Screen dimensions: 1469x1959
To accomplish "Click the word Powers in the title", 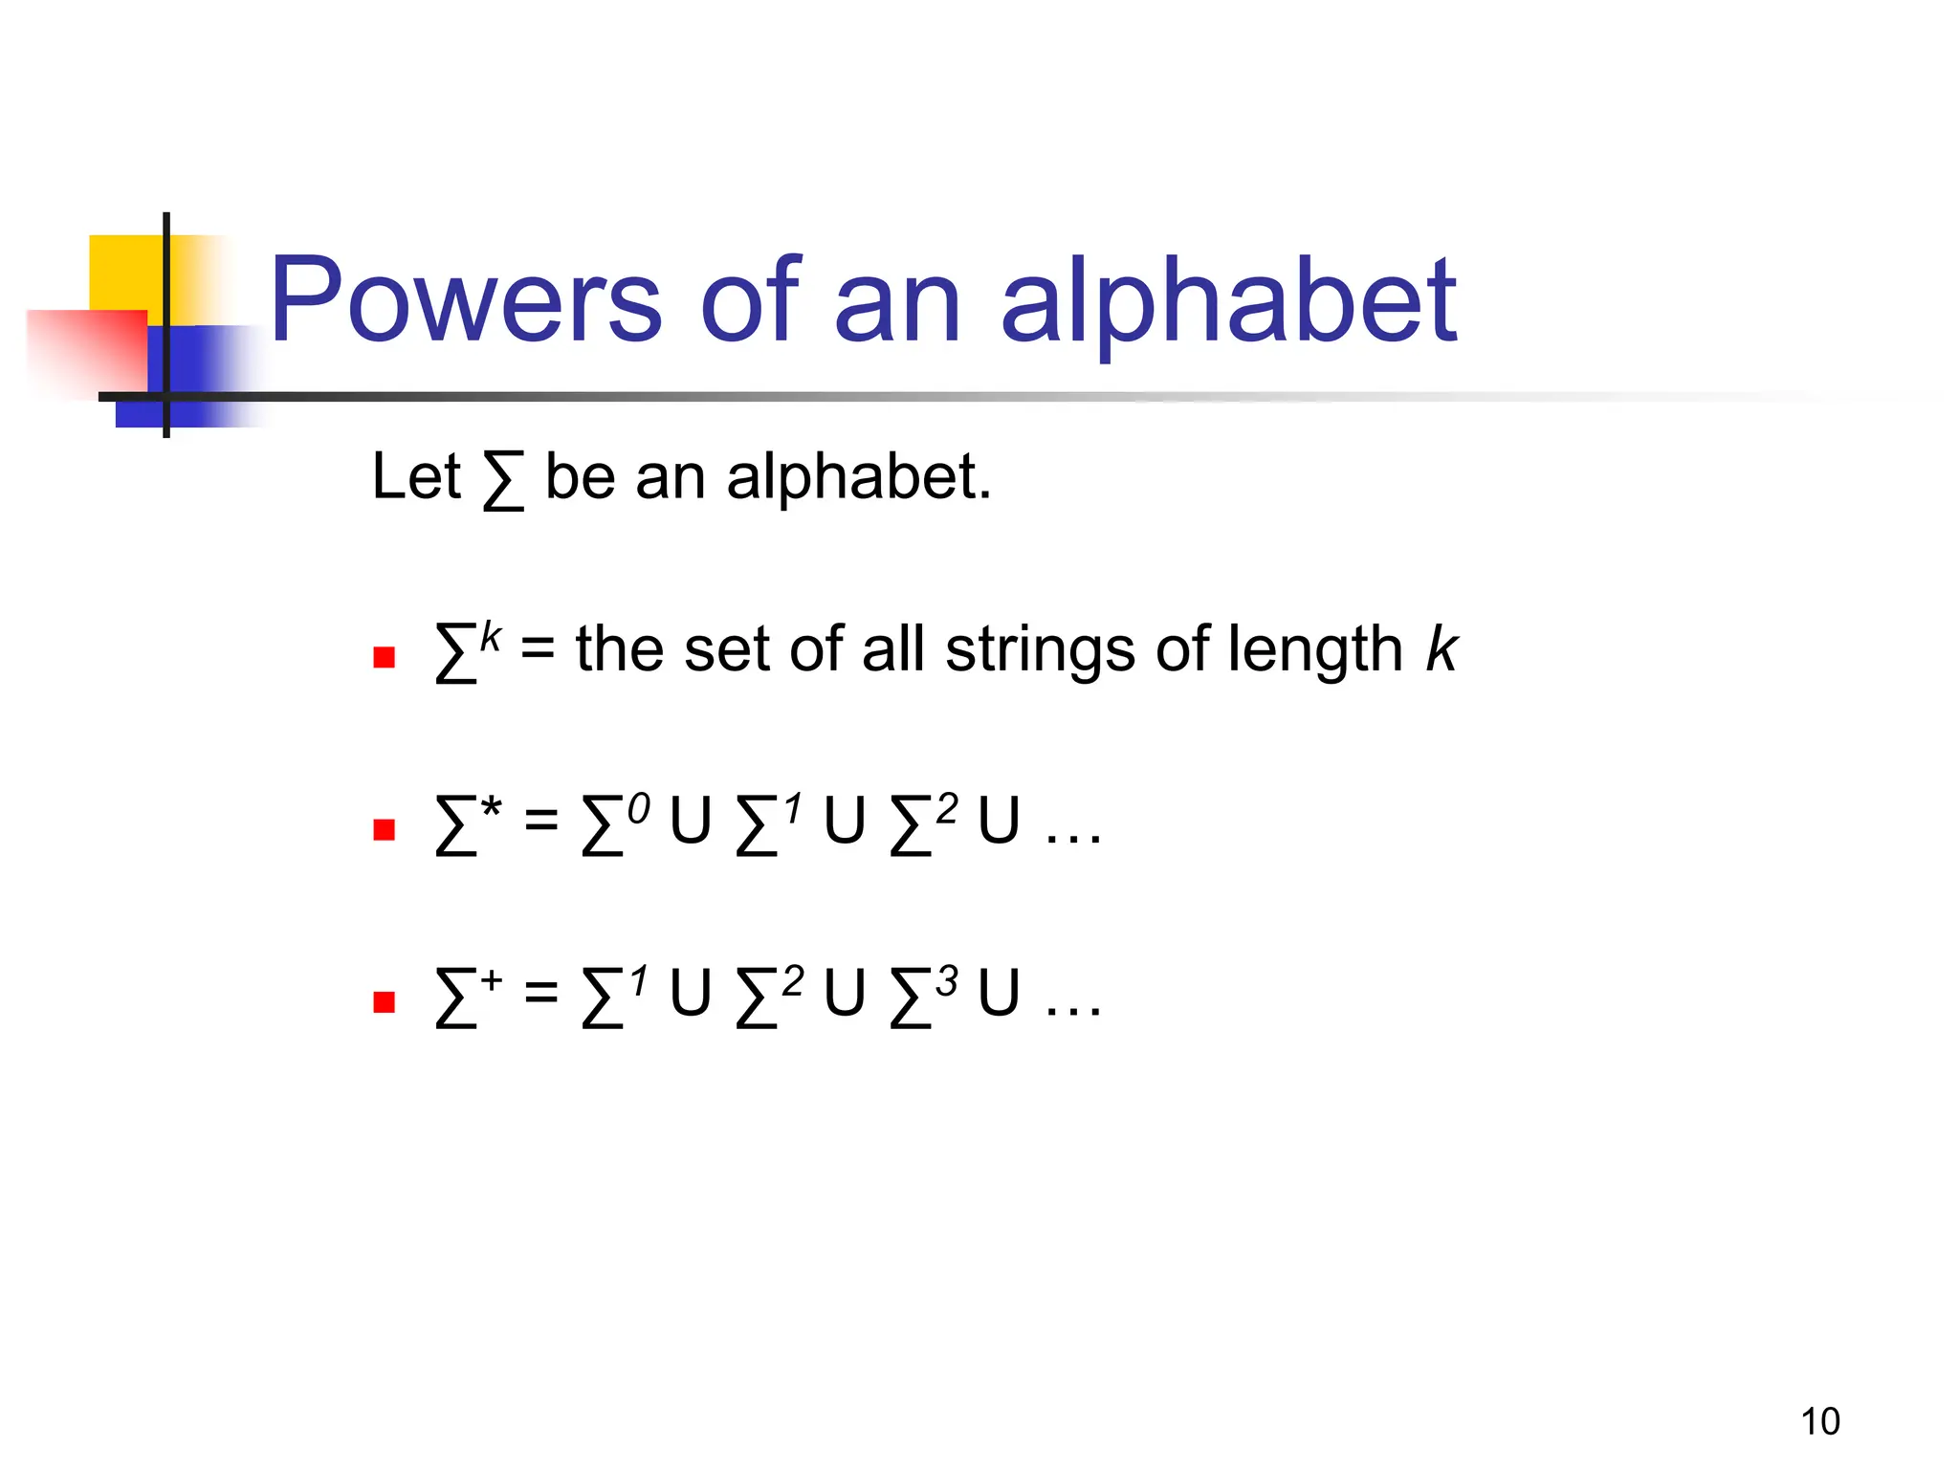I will (465, 300).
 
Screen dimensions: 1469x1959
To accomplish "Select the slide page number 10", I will (1819, 1422).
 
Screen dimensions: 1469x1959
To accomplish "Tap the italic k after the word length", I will (1441, 650).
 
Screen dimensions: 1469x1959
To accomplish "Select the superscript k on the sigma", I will (491, 635).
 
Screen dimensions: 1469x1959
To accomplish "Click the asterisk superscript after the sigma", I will (491, 809).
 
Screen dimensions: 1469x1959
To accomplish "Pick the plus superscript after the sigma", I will (491, 980).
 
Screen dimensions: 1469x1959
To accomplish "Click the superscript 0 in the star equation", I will (638, 809).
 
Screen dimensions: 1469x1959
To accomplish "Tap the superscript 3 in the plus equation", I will (947, 981).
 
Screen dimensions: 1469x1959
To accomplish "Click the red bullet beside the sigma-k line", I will (385, 657).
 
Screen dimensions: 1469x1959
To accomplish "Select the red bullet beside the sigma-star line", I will (385, 829).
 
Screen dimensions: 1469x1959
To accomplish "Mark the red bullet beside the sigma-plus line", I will (385, 1001).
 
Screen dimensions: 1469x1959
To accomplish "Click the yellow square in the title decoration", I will (124, 273).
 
